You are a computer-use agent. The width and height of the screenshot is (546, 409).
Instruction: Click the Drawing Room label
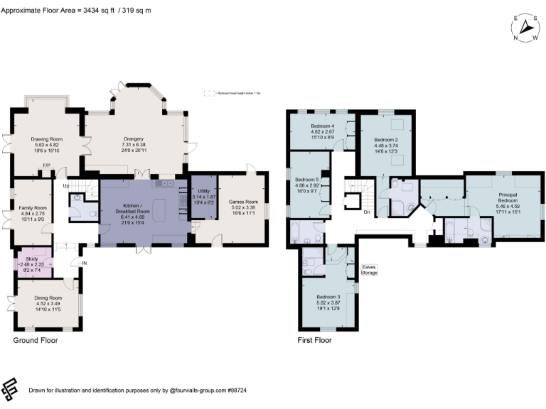coord(47,139)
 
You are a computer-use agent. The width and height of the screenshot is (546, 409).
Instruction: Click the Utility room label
coord(203,192)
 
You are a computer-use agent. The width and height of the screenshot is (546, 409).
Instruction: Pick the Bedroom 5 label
coord(308,180)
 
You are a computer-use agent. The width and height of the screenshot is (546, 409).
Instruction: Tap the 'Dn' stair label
coord(366,211)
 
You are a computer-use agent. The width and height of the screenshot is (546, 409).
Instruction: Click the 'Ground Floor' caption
coord(36,341)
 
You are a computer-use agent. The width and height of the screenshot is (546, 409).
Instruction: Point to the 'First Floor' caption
coord(314,341)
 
